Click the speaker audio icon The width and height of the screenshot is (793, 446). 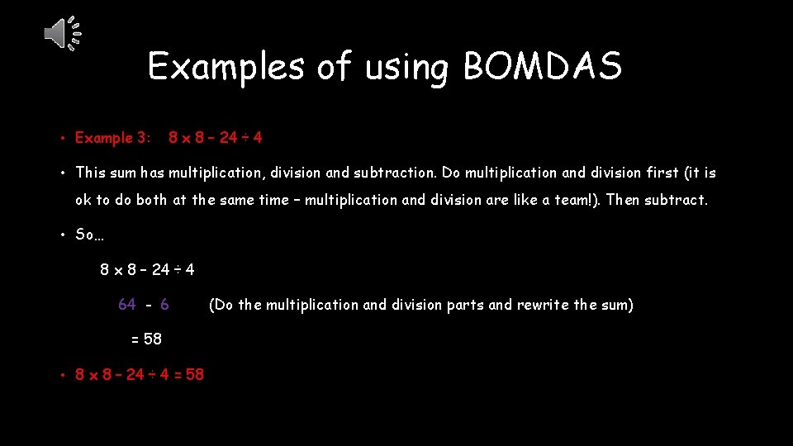pos(62,34)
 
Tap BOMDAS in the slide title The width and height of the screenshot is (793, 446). pos(542,66)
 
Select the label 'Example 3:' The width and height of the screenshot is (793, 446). pos(113,138)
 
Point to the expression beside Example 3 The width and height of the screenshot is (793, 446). pos(216,138)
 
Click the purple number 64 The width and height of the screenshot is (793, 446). pos(127,305)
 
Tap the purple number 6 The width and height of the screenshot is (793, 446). pos(165,305)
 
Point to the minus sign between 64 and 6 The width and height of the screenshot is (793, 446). pos(149,305)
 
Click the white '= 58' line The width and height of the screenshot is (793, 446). pos(147,339)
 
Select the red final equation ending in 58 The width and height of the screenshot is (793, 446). pos(140,374)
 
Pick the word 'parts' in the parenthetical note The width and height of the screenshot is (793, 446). pos(465,305)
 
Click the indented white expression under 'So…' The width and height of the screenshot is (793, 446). pos(147,269)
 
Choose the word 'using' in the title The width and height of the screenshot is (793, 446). pos(404,66)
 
